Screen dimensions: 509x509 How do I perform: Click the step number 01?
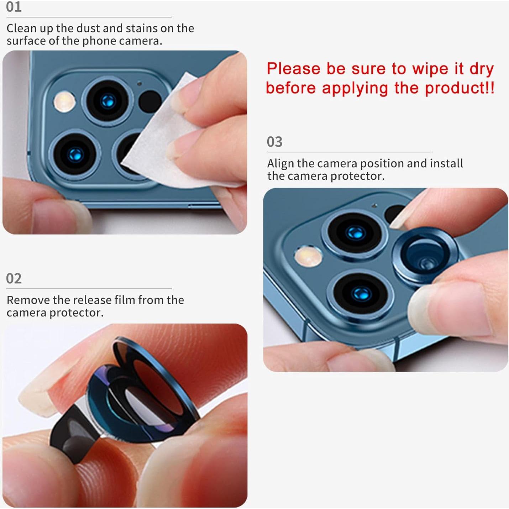14,7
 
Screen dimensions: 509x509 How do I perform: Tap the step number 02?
14,278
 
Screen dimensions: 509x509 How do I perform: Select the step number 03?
274,142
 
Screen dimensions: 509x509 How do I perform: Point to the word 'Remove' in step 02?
28,300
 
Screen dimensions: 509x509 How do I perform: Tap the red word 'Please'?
293,69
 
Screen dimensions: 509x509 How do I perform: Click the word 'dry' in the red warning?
481,69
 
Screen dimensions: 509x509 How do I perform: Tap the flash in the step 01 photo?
64,102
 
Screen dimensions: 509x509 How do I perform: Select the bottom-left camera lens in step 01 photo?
75,154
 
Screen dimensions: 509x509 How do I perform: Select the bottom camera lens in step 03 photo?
360,293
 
